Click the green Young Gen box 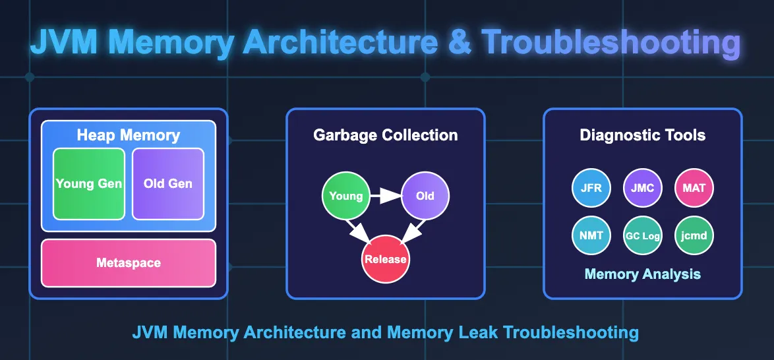pos(89,183)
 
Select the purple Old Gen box pos(167,183)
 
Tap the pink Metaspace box pos(129,262)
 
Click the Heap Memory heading pos(129,136)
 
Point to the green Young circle pos(345,196)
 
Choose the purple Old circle pos(425,196)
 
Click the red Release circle pos(386,259)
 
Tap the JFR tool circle pos(591,188)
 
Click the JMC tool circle pos(643,188)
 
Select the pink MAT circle pos(694,188)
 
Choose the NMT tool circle pos(591,235)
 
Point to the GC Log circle pos(643,235)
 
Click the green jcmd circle pos(694,235)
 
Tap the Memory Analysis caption pos(643,274)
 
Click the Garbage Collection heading pos(386,136)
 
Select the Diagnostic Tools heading pos(643,136)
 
